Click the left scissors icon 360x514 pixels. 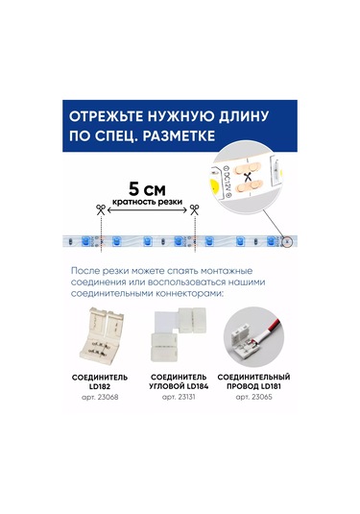coord(99,210)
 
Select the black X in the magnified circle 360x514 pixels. coord(248,177)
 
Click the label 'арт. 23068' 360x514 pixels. coord(100,396)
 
